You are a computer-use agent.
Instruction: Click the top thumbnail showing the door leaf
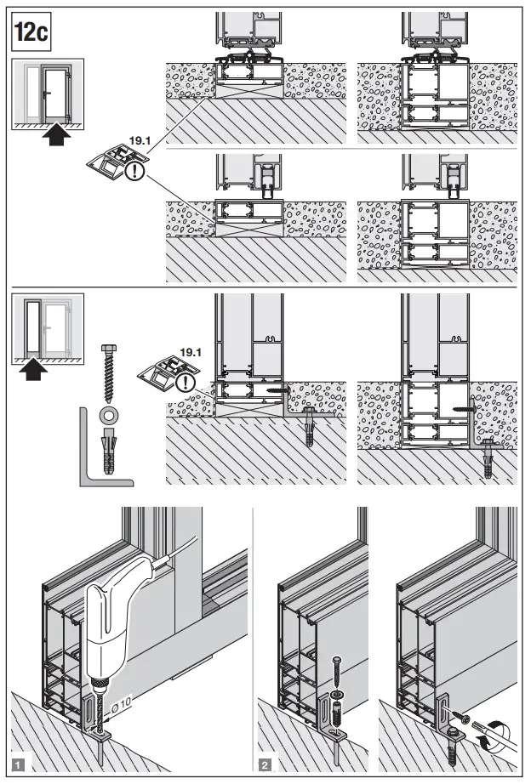tap(48, 94)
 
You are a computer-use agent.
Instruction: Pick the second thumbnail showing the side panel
tap(48, 327)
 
